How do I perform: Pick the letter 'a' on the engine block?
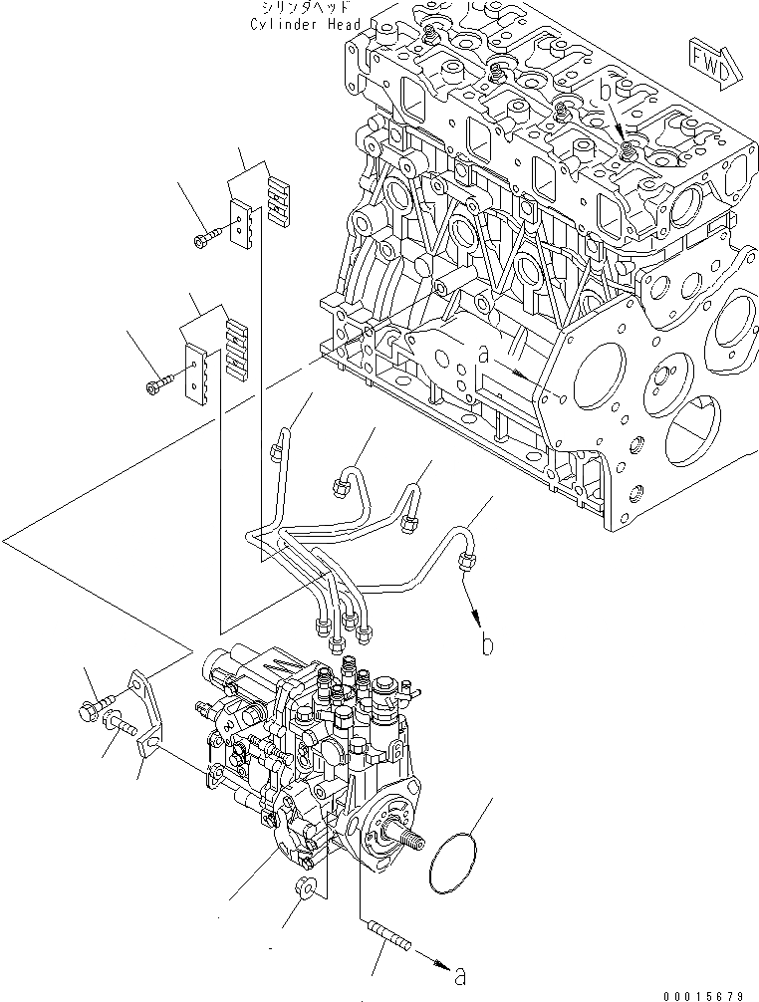pyautogui.click(x=482, y=355)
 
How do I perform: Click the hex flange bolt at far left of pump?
pyautogui.click(x=86, y=710)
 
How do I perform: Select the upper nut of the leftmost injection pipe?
pyautogui.click(x=275, y=453)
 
